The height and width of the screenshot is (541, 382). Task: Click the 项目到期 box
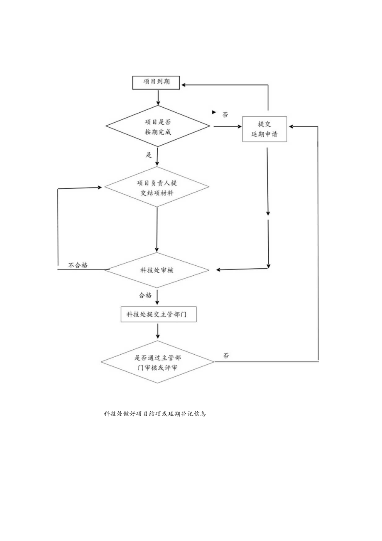[x=157, y=82]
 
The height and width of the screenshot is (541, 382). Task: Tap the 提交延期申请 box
[x=264, y=129]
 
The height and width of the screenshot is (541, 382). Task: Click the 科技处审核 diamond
[x=157, y=270]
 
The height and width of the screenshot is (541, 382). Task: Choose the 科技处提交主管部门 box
[x=158, y=314]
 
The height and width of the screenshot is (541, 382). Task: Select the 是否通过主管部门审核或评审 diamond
[x=157, y=362]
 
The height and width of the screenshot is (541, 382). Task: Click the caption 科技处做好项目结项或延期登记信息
[x=155, y=414]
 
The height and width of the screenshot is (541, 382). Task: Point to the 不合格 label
[x=78, y=265]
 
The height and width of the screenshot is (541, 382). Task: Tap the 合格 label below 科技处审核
[x=145, y=295]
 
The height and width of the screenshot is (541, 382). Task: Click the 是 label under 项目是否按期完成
[x=149, y=155]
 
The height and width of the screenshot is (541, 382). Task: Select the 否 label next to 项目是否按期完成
[x=225, y=115]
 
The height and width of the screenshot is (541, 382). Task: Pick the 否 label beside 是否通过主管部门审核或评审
[x=226, y=356]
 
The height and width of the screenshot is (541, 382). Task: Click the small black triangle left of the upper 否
[x=214, y=112]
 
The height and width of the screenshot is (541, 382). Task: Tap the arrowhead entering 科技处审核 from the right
[x=219, y=270]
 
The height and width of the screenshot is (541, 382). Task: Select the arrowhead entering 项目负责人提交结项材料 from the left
[x=99, y=188]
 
